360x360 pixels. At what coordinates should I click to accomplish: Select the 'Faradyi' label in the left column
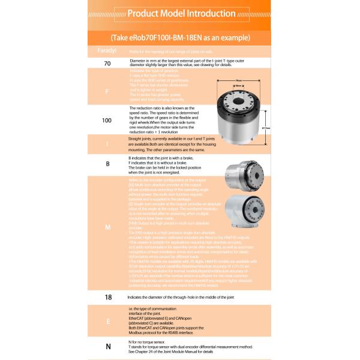107,52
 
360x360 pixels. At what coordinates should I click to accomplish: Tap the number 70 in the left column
107,63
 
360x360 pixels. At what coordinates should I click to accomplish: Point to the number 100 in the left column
107,120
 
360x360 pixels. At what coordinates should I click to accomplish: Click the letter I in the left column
107,145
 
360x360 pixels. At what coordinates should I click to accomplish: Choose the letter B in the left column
107,163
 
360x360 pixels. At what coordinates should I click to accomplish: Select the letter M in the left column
107,228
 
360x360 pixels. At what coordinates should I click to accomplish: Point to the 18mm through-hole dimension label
238,86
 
